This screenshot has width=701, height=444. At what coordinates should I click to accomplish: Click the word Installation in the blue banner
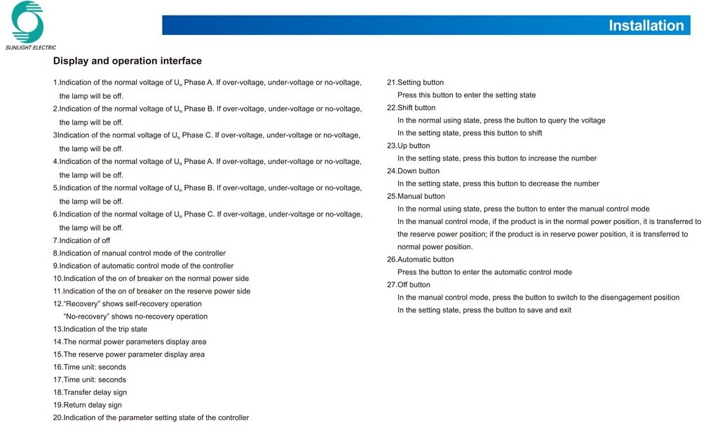click(x=646, y=26)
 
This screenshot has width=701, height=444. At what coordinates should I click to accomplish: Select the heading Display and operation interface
click(x=127, y=62)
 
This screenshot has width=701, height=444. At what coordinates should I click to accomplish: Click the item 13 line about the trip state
click(x=100, y=329)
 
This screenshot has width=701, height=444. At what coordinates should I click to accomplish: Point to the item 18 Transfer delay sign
click(x=90, y=392)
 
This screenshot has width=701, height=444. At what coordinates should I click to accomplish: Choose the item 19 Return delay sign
click(x=87, y=405)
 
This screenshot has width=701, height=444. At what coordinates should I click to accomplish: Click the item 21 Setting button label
click(x=415, y=83)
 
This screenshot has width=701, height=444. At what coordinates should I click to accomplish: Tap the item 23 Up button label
click(x=408, y=146)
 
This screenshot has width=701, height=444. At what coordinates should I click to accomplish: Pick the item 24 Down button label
click(x=413, y=171)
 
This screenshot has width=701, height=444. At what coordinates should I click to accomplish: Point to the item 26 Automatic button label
click(x=420, y=260)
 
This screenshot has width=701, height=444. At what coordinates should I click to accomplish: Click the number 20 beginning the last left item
click(x=57, y=418)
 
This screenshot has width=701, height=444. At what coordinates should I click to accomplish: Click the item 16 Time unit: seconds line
click(x=90, y=367)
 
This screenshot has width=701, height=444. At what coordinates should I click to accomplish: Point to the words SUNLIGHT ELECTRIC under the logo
click(x=30, y=48)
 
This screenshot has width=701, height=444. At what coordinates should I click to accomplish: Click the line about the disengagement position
click(x=538, y=298)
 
